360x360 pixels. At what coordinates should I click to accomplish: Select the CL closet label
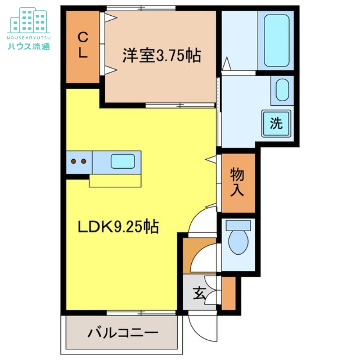[x=82, y=45]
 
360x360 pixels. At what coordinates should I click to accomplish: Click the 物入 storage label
[x=237, y=182]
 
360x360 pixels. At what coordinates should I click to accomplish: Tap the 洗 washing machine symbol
[x=276, y=123]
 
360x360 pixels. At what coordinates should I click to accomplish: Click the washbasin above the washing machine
[x=282, y=90]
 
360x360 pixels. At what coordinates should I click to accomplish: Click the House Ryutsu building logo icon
[x=29, y=20]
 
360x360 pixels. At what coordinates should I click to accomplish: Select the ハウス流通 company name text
[x=29, y=46]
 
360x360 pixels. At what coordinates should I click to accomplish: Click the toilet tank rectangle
[x=238, y=225]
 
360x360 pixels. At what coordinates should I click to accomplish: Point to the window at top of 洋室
[x=141, y=8]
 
